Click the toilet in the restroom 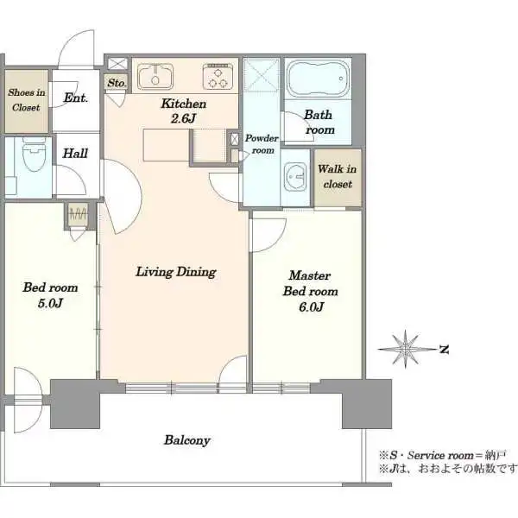coord(34,155)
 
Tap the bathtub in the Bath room coord(318,79)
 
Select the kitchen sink coord(155,76)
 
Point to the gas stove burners coord(218,77)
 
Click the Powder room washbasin coord(295,177)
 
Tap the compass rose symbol coord(406,349)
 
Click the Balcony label coord(187,440)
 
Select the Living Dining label coord(176,272)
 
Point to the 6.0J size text coord(311,307)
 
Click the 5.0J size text coord(50,303)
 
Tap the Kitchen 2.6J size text coord(183,118)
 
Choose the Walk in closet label coord(338,176)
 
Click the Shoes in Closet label coord(26,100)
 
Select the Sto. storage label coord(117,83)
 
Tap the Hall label coord(75,154)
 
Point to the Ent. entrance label coord(75,98)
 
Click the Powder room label coord(262,144)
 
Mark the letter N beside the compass coord(445,349)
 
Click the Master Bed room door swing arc coord(277,241)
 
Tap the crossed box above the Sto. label coord(117,63)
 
